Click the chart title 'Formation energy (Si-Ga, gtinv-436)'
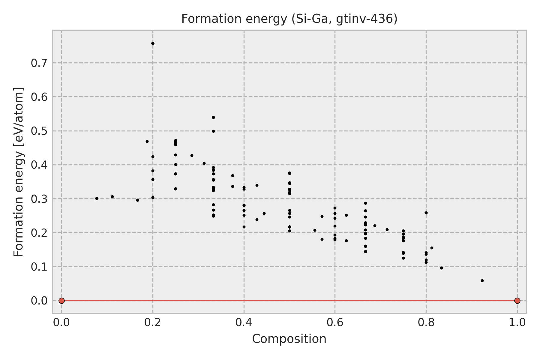pos(289,19)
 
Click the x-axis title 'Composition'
pos(289,339)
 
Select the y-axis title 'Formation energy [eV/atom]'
pos(19,172)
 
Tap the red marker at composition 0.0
pos(61,301)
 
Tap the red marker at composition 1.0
pos(517,301)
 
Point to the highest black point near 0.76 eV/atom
pos(153,43)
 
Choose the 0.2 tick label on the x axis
pos(153,322)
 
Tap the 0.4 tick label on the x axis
pos(244,322)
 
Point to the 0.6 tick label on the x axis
pos(335,322)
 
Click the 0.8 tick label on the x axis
pos(426,322)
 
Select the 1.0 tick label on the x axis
pos(517,322)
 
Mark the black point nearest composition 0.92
pos(482,281)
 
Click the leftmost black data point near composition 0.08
pos(97,199)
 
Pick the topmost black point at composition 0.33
pos(213,117)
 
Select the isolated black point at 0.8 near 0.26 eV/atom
pos(426,213)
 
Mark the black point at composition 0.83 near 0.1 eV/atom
pos(441,268)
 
